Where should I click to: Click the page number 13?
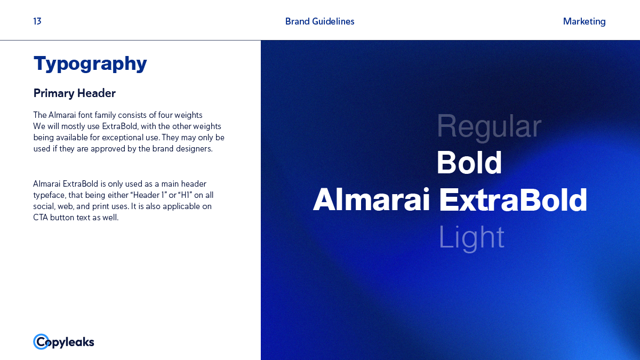point(37,21)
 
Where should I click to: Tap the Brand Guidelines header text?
point(319,21)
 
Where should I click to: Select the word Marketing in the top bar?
point(584,22)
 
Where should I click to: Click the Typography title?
point(90,64)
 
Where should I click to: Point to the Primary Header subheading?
point(74,93)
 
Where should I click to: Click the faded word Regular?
point(489,127)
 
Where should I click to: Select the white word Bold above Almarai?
point(469,163)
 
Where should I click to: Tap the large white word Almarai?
point(371,199)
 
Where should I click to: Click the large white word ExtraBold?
point(513,200)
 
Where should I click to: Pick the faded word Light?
point(471,238)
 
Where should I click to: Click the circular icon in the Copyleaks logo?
point(41,342)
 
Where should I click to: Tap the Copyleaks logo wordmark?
point(63,342)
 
